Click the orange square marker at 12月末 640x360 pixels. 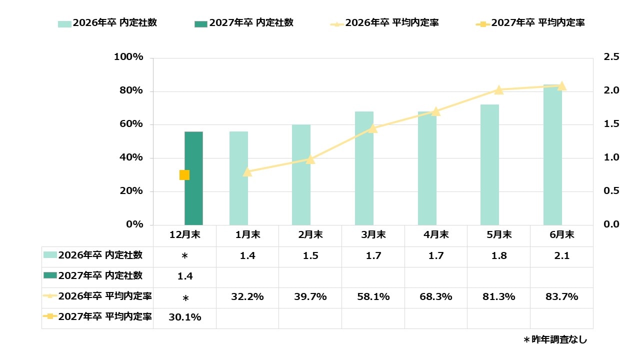click(x=184, y=175)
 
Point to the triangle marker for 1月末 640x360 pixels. click(x=247, y=172)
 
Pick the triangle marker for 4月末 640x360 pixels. click(x=435, y=111)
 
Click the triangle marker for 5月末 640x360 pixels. click(x=498, y=90)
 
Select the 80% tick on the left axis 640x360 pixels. click(x=128, y=91)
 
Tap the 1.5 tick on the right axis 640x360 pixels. click(x=611, y=124)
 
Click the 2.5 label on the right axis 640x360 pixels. click(x=611, y=57)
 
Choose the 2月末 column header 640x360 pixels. click(x=310, y=234)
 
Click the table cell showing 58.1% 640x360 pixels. click(x=373, y=297)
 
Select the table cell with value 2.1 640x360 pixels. click(x=561, y=256)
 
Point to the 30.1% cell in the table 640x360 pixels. click(x=184, y=317)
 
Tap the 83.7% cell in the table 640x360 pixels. click(x=561, y=297)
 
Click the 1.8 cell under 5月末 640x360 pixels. click(x=498, y=256)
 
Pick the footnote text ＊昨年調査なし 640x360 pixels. click(x=555, y=340)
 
